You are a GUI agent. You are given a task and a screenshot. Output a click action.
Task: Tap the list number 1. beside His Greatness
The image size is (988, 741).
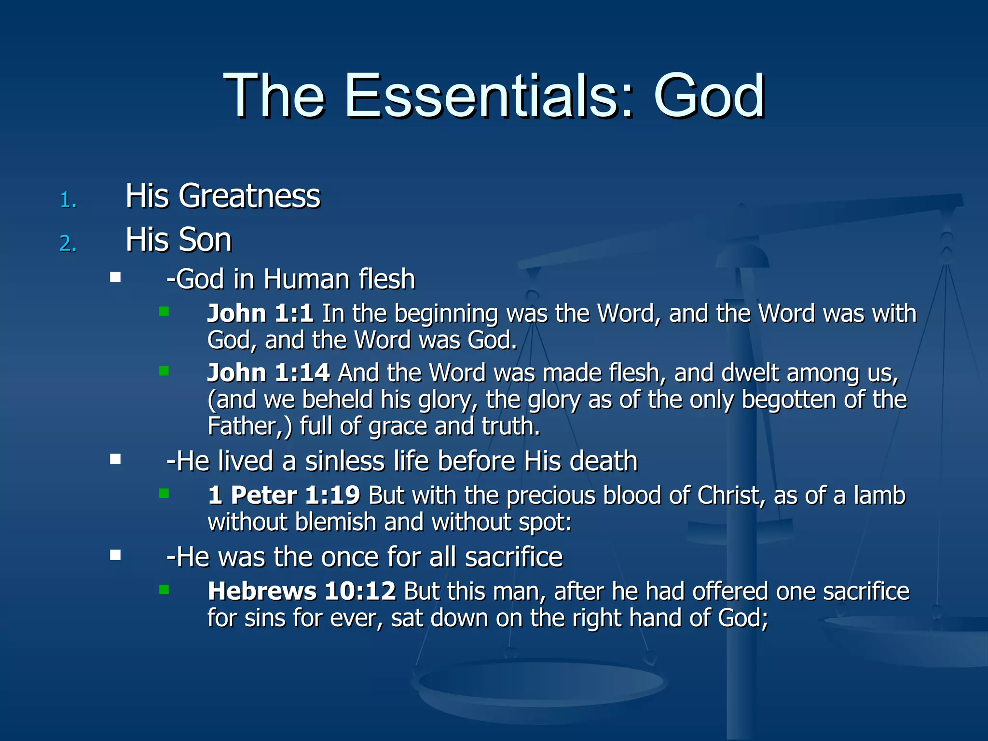(x=68, y=200)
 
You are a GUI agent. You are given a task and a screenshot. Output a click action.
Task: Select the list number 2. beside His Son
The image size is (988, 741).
(x=68, y=243)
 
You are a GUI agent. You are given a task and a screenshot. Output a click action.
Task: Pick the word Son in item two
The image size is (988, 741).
(x=206, y=240)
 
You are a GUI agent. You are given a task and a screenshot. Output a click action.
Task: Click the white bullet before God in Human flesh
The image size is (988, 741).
(x=115, y=277)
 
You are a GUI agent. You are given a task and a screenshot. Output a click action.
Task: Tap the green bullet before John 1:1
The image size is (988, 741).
(x=164, y=312)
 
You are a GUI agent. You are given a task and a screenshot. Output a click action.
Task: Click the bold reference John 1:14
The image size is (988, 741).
(x=268, y=373)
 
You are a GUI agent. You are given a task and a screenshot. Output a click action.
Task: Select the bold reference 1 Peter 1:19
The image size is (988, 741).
(x=284, y=495)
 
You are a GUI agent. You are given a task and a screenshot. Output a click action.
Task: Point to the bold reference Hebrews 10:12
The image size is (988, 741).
(x=302, y=591)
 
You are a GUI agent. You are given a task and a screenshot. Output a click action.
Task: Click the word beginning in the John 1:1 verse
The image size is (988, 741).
(x=446, y=314)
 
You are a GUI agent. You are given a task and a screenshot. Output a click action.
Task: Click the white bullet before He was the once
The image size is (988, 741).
(x=115, y=555)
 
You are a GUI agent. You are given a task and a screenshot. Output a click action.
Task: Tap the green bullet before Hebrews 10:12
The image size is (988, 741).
(x=164, y=590)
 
